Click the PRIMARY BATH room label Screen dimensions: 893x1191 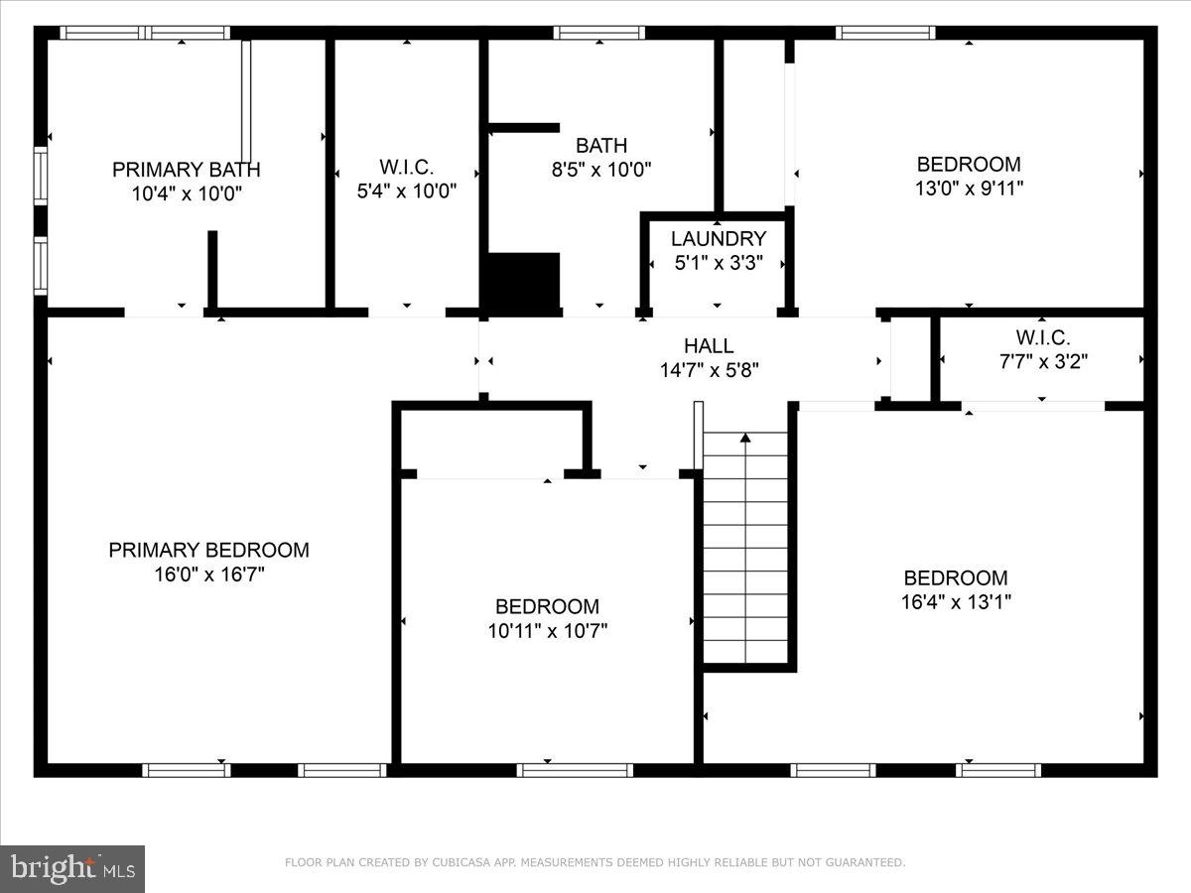187,170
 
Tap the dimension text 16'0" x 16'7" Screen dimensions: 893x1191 208,574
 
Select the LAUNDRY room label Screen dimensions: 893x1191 718,239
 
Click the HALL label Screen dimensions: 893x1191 709,346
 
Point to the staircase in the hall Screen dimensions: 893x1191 745,556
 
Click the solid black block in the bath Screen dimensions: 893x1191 521,282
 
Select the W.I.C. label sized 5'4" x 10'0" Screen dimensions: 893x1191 406,168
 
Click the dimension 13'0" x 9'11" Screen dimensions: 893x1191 969,188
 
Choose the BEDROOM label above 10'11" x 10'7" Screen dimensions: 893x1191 547,606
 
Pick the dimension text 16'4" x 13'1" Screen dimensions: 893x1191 956,601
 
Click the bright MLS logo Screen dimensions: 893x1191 72,868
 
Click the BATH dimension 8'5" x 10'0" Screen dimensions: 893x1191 601,170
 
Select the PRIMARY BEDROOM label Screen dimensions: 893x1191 208,550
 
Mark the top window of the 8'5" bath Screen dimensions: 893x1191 599,33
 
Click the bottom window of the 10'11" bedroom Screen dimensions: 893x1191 575,770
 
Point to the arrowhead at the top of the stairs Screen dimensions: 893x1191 745,437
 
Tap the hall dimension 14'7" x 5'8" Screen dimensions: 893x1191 709,370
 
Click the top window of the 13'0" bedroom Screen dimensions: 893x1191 885,33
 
